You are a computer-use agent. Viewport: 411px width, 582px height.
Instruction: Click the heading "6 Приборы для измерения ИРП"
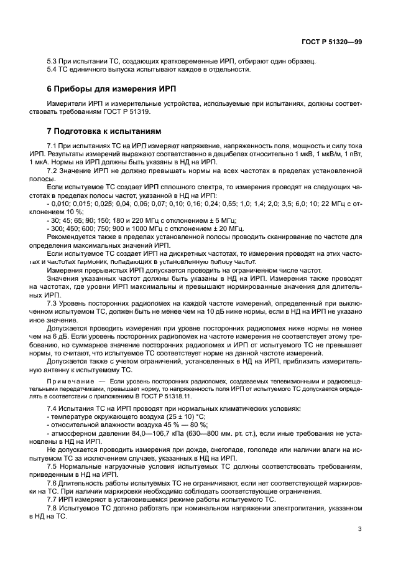point(100,88)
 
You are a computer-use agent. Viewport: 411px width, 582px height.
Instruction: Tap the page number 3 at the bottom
point(360,530)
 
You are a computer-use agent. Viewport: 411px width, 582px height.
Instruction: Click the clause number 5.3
point(52,61)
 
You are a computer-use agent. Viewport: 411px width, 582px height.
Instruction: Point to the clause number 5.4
point(52,69)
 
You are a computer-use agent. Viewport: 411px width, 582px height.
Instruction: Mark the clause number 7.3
point(52,303)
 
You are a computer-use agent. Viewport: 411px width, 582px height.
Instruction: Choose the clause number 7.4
point(52,408)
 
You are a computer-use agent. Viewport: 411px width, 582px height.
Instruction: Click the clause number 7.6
point(52,482)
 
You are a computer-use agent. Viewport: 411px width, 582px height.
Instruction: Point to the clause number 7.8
point(52,508)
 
